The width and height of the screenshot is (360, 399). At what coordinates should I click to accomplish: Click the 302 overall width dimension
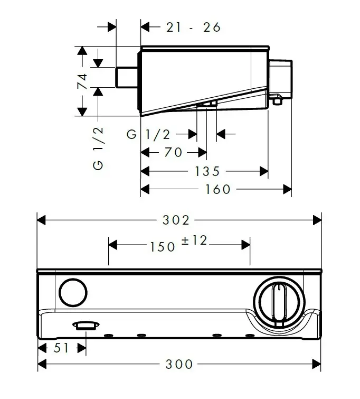[x=176, y=220]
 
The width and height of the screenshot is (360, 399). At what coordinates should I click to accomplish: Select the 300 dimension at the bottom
[x=179, y=364]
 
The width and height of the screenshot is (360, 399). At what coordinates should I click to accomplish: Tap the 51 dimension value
[x=61, y=348]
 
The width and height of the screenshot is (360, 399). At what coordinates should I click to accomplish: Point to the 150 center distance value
[x=163, y=247]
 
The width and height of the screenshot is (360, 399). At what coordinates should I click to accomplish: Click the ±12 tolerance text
[x=194, y=240]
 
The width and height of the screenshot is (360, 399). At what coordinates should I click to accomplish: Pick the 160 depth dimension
[x=217, y=189]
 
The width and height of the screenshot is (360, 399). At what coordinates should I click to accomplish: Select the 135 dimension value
[x=207, y=171]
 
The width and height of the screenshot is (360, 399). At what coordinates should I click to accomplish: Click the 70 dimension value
[x=173, y=152]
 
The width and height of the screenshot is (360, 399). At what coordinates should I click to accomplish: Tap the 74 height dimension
[x=82, y=81]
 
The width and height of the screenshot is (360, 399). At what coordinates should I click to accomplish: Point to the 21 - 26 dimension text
[x=194, y=27]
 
